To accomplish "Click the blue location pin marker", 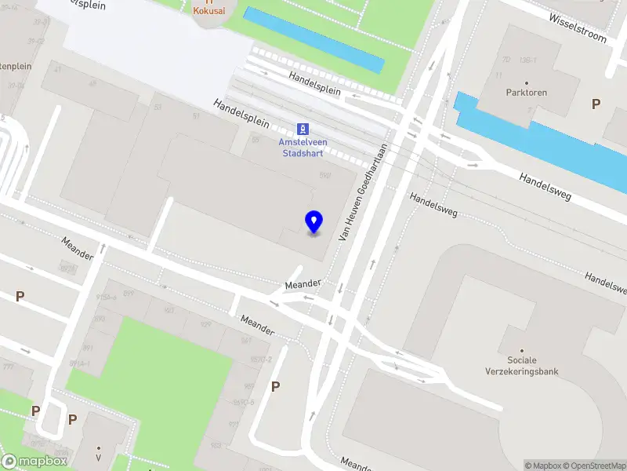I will pyautogui.click(x=314, y=222).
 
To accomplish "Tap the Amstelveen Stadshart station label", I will pyautogui.click(x=303, y=147).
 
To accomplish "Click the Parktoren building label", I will pyautogui.click(x=527, y=93).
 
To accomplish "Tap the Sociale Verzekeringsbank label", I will pyautogui.click(x=522, y=366).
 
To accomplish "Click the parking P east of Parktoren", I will pyautogui.click(x=596, y=104).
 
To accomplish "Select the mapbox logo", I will pyautogui.click(x=34, y=462).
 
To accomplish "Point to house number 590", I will pyautogui.click(x=324, y=176).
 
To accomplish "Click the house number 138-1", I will pyautogui.click(x=528, y=60).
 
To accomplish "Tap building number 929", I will pyautogui.click(x=206, y=324).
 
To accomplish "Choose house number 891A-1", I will pyautogui.click(x=80, y=363).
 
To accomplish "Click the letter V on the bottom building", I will pyautogui.click(x=99, y=457).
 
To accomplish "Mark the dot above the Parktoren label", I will pyautogui.click(x=527, y=82).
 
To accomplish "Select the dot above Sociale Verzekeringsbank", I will pyautogui.click(x=522, y=350).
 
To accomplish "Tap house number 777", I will pyautogui.click(x=8, y=366).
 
